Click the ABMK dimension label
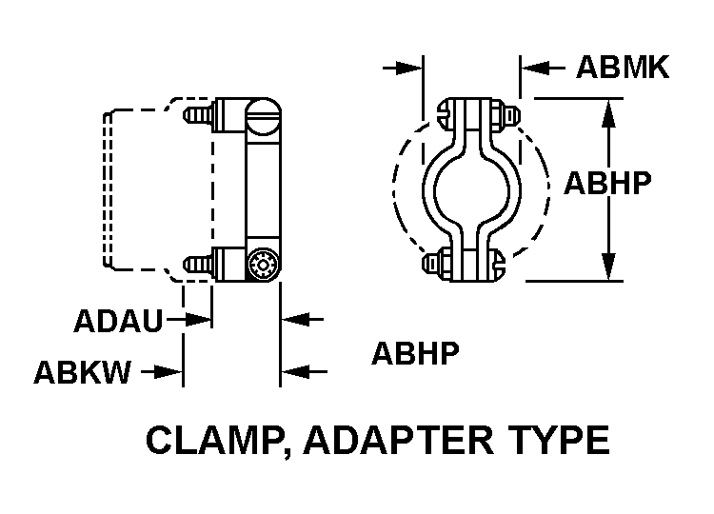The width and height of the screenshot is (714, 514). point(623,68)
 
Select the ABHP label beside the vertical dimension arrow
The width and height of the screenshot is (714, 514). point(607,182)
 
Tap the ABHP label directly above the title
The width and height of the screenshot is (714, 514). point(415,353)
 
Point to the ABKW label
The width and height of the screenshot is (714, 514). point(82,372)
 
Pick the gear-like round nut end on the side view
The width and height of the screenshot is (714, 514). point(263,265)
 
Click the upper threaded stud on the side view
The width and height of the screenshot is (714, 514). point(198,116)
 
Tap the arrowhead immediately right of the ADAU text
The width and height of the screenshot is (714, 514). point(199,321)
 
